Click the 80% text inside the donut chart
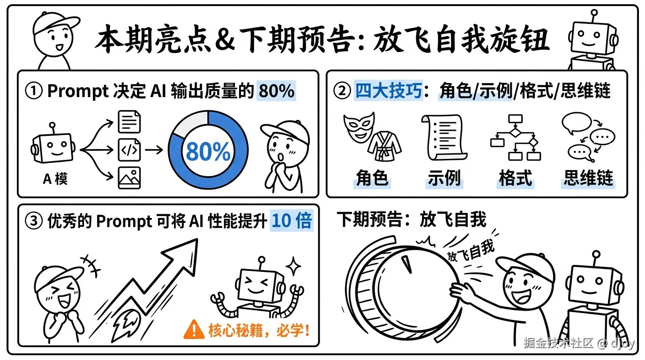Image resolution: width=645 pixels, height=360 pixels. pos(208,151)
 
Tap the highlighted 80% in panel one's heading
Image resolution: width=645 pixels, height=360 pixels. pos(276,91)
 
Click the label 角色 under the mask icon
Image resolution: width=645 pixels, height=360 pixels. pos(372,179)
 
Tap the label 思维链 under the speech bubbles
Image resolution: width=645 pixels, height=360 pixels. pos(588,179)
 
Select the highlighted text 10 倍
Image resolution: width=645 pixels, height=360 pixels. pos(292,221)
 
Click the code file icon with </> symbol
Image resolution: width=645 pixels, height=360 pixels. pos(129,150)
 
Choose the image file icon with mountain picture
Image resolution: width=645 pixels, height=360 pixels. pos(129,178)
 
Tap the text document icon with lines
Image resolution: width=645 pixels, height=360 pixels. pos(129,122)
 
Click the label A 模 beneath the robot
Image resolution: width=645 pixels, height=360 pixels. pos(55,179)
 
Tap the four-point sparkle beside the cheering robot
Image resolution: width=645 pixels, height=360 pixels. pos(294,267)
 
